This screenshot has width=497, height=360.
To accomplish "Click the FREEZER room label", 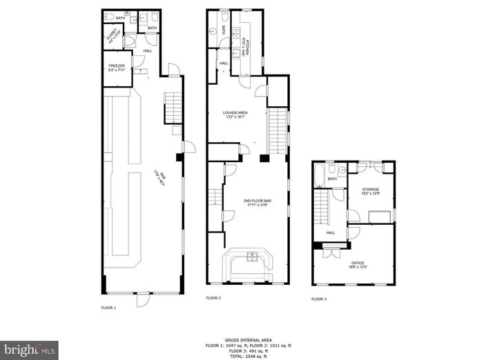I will (x=115, y=67).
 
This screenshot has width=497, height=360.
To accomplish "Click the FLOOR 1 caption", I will (x=109, y=308).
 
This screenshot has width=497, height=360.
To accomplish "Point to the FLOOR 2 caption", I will (x=213, y=298).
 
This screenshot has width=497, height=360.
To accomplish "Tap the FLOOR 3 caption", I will (x=318, y=299).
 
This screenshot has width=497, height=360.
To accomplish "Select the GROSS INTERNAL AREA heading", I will (x=248, y=339).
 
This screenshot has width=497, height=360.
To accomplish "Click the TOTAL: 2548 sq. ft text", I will (x=248, y=356).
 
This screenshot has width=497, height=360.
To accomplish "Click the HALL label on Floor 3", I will (x=331, y=232).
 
